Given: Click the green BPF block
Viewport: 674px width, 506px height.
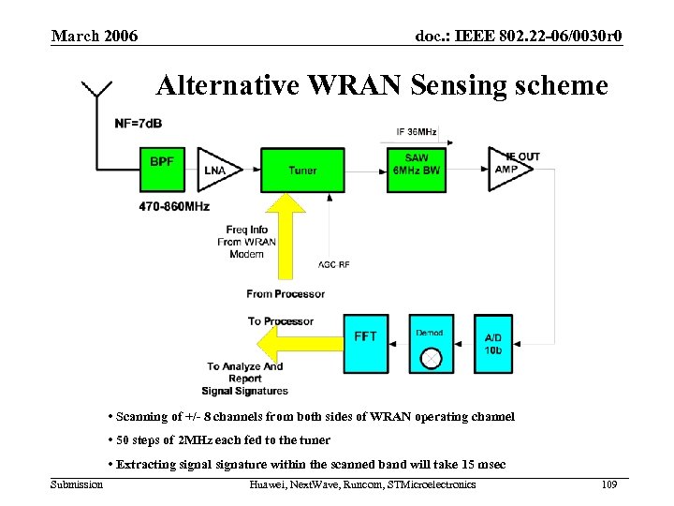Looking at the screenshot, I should pos(162,170).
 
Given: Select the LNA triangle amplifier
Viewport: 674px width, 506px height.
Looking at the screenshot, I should pos(213,170).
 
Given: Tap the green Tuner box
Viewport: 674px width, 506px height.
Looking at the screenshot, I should pos(302,170).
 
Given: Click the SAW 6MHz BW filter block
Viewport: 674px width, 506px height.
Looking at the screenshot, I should pos(417,170).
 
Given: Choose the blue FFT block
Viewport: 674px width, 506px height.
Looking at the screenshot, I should pos(366,342).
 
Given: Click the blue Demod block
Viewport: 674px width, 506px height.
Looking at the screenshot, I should pos(431,342).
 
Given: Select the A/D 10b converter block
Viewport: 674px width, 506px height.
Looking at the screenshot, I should pos(493,342).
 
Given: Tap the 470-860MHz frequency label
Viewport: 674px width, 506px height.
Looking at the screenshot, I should pos(175,205).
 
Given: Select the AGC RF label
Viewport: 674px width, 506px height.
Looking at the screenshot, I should pos(334,265).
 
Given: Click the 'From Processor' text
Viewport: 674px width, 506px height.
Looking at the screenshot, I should pos(286,293).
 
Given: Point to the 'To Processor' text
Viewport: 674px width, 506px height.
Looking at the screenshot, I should pos(281,321).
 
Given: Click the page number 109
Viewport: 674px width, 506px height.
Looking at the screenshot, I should pos(608,484).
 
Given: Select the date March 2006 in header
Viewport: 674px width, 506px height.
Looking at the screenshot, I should pos(95,37).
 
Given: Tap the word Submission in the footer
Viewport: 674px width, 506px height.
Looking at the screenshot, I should pos(77,484).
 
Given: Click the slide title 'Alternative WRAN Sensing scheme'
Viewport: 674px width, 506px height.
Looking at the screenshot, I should pos(382,86).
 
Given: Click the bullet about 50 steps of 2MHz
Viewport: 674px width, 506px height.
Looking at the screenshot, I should pos(219,439).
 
